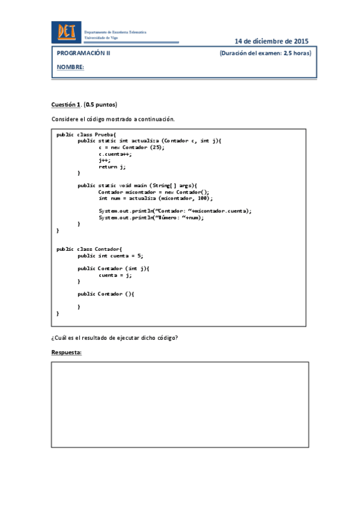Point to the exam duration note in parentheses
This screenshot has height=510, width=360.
tap(266, 53)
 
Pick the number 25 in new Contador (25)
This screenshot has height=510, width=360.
tap(154, 147)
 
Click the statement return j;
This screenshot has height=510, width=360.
tap(112, 166)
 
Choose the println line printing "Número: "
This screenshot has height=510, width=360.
tap(151, 217)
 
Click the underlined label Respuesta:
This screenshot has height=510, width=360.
tap(66, 352)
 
